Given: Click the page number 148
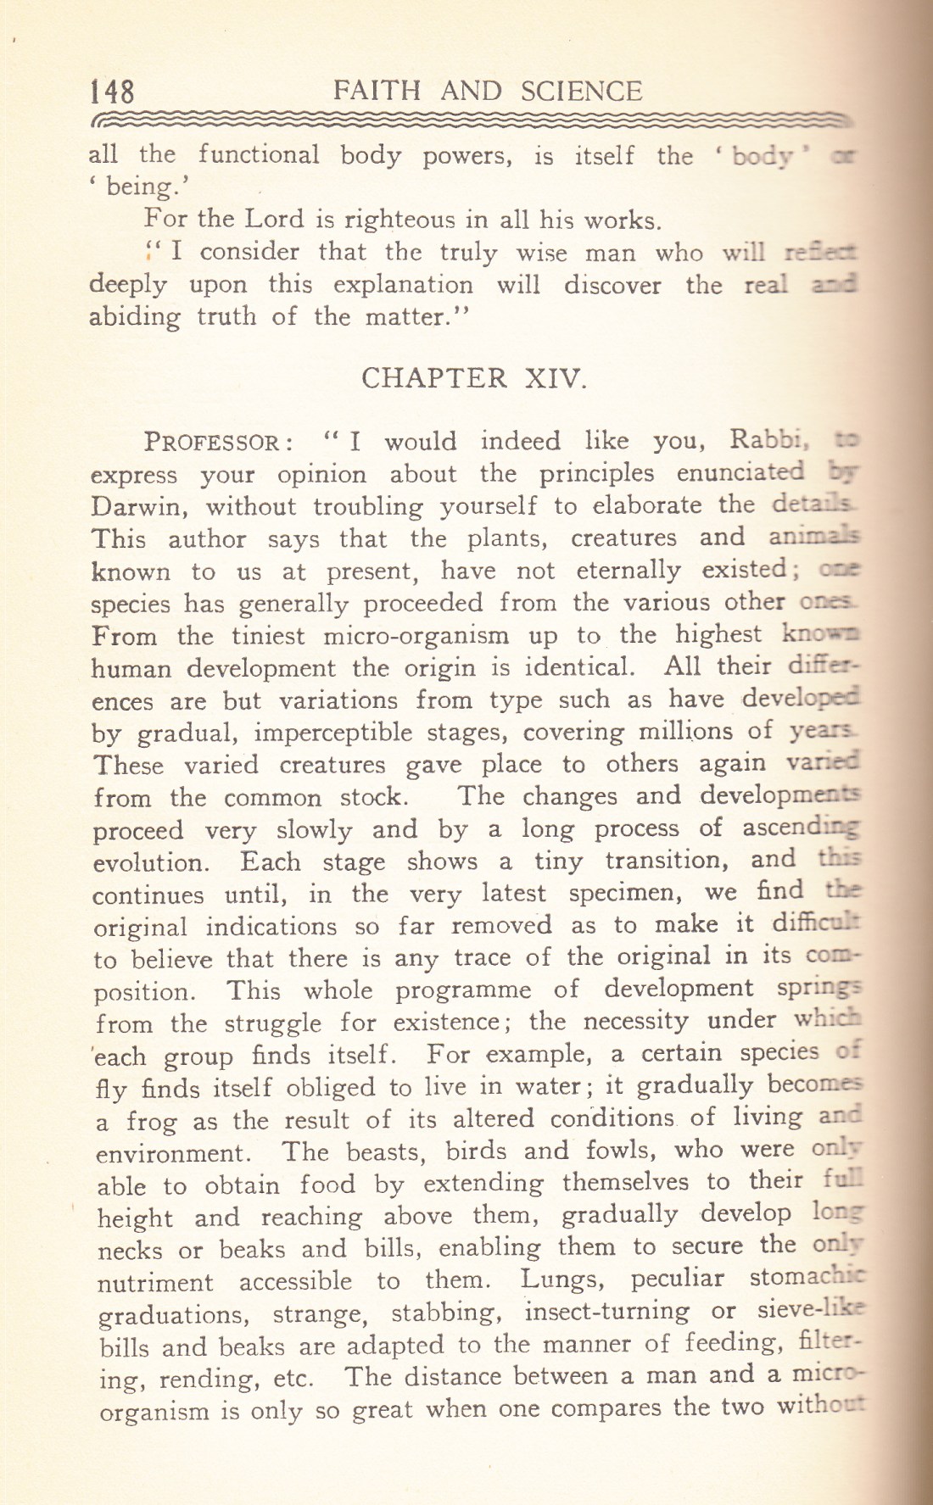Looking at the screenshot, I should tap(111, 91).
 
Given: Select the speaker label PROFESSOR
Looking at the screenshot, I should tap(219, 443).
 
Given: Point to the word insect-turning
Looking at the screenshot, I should tap(607, 1312).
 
